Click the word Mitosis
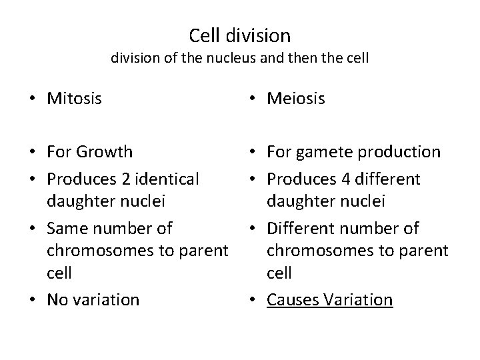[x=74, y=99]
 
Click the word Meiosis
[x=295, y=99]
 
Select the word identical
[x=165, y=179]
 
